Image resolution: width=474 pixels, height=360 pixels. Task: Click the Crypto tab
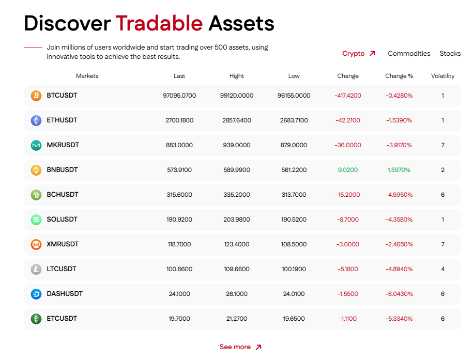(x=359, y=53)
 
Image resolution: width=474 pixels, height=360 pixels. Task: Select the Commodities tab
(x=409, y=53)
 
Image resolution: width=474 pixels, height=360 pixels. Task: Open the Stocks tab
(x=450, y=53)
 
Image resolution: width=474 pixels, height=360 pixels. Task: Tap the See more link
(x=240, y=347)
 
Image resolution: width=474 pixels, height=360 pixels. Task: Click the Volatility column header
(x=442, y=76)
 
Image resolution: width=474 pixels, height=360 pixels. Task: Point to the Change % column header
(x=399, y=76)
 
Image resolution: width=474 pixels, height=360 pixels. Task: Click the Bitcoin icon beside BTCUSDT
(x=36, y=96)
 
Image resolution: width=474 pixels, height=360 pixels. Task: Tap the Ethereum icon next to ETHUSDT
(x=36, y=120)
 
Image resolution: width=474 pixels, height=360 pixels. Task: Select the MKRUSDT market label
(x=63, y=145)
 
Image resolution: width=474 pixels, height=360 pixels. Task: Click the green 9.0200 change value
(x=348, y=170)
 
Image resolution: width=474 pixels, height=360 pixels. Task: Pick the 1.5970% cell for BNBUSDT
(x=399, y=170)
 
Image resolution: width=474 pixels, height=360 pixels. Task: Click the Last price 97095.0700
(x=179, y=96)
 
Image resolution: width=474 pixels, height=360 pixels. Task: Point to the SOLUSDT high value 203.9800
(x=237, y=220)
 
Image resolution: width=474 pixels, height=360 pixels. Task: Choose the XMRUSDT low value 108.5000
(x=294, y=244)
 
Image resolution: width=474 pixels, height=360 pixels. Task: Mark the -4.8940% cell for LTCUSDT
(x=399, y=269)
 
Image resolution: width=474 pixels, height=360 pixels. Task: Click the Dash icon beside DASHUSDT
(x=36, y=294)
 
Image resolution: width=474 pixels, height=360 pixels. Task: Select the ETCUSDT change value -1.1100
(x=348, y=319)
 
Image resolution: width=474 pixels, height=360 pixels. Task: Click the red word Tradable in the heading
(x=159, y=23)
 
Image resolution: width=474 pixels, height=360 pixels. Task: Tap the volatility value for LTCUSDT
(x=442, y=269)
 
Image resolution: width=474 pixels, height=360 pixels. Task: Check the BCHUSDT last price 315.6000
(x=179, y=195)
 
